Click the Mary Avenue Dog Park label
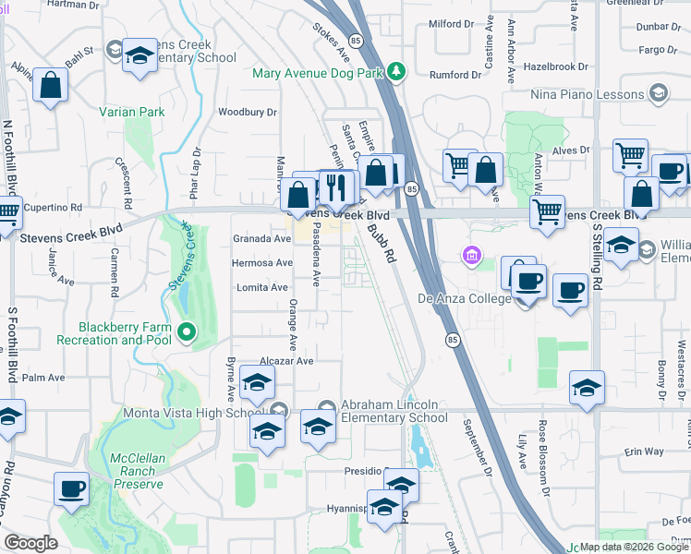(319, 71)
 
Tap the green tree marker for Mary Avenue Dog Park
(396, 71)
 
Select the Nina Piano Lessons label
(587, 93)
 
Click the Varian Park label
(132, 113)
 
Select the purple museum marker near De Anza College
(472, 254)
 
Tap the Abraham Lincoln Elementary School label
(394, 411)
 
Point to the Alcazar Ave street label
(287, 361)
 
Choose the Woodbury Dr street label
(248, 113)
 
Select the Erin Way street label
(644, 452)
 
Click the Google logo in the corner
(30, 544)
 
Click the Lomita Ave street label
(263, 288)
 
